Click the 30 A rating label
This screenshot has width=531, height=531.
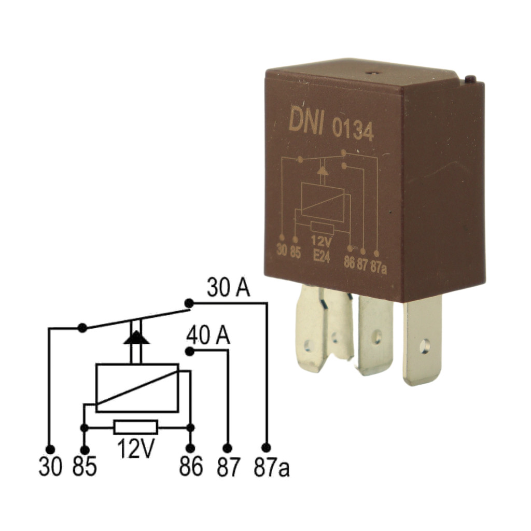(229, 288)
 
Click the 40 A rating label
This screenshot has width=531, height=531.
(208, 336)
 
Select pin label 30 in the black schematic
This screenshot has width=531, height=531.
(50, 466)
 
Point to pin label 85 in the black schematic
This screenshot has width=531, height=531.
(85, 466)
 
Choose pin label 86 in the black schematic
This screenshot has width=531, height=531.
(191, 466)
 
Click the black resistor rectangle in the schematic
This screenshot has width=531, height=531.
(136, 427)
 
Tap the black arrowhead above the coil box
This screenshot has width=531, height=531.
(136, 338)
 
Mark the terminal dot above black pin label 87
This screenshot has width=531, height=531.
(228, 449)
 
